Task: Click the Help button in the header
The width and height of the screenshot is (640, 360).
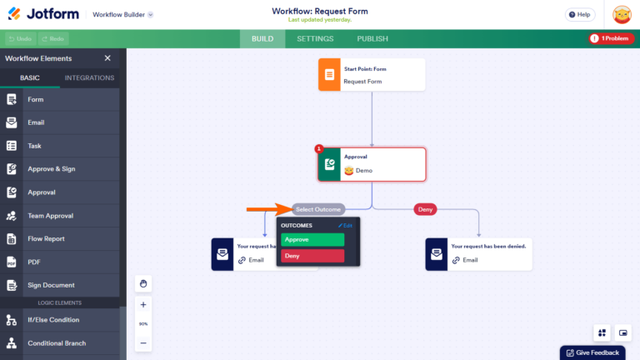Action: click(x=580, y=14)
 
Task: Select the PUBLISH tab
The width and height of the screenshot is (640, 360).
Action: click(x=372, y=38)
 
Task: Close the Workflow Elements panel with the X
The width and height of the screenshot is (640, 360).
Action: click(x=107, y=58)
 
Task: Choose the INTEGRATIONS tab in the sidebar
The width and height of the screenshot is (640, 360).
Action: click(x=89, y=78)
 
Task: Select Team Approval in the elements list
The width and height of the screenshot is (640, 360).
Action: click(x=50, y=216)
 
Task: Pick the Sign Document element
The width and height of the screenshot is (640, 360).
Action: click(x=51, y=285)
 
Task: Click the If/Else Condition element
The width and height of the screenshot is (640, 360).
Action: click(x=53, y=320)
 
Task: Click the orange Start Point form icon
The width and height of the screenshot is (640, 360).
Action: click(x=329, y=75)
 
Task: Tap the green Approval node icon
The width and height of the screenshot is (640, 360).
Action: click(x=329, y=164)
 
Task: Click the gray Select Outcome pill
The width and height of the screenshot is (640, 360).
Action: click(x=317, y=209)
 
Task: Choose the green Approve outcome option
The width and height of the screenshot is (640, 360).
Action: click(x=312, y=239)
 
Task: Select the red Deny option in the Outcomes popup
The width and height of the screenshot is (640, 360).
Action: click(x=312, y=256)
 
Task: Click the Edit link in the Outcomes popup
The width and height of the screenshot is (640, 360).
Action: click(x=346, y=225)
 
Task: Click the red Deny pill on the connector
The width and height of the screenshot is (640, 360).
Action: click(x=425, y=209)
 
